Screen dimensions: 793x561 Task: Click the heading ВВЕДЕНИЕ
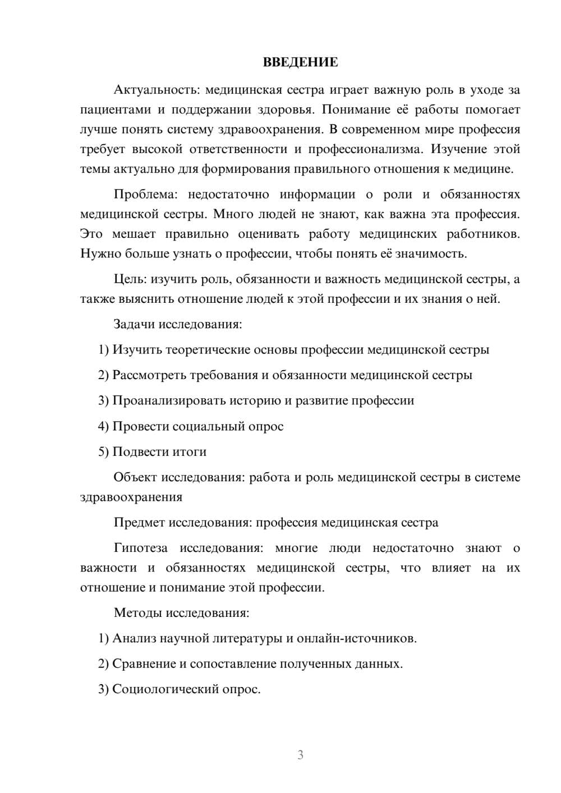(x=300, y=62)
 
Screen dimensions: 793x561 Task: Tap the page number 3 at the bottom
(x=300, y=755)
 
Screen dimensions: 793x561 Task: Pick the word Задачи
(x=134, y=324)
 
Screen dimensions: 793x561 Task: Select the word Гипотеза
(x=141, y=548)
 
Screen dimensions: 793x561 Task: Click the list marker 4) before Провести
(x=103, y=426)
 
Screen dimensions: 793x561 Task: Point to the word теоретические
(x=199, y=350)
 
